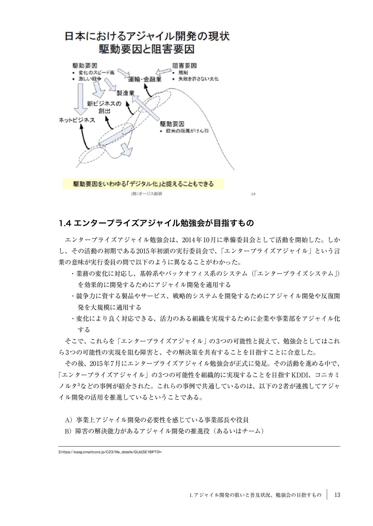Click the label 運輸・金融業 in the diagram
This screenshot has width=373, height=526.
(x=145, y=79)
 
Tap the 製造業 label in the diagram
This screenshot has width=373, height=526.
(x=125, y=93)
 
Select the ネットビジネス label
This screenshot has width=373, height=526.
(x=77, y=120)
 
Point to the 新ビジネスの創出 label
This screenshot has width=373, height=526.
(x=104, y=107)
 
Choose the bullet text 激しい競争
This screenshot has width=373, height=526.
(x=90, y=79)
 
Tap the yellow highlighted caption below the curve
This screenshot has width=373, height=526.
(x=143, y=184)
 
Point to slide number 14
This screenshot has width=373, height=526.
(x=253, y=194)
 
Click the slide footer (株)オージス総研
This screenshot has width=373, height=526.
(x=147, y=194)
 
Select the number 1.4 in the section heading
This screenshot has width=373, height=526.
(x=65, y=223)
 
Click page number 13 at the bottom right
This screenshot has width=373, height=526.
(x=337, y=495)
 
